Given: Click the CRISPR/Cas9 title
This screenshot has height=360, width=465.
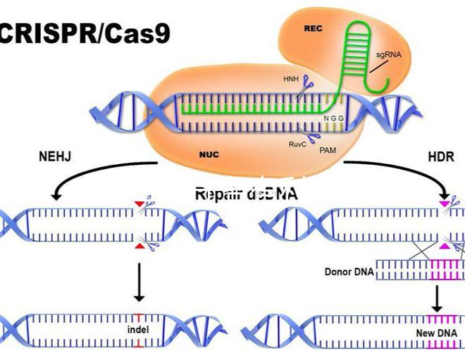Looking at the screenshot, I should (85, 34).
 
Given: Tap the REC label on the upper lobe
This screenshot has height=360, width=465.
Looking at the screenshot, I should (313, 29).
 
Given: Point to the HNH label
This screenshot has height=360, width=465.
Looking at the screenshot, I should (290, 79).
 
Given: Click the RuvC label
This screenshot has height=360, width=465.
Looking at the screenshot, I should (297, 144).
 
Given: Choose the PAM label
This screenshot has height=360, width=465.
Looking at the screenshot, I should (328, 150).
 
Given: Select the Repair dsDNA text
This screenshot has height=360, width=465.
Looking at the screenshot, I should (246, 194).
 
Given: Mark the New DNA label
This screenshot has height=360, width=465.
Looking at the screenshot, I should (436, 331).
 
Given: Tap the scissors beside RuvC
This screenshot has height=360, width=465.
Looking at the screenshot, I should (311, 136).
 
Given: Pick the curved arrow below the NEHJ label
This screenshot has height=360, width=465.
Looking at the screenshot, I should (85, 176).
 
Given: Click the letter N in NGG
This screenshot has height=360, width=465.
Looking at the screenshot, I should (325, 118).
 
